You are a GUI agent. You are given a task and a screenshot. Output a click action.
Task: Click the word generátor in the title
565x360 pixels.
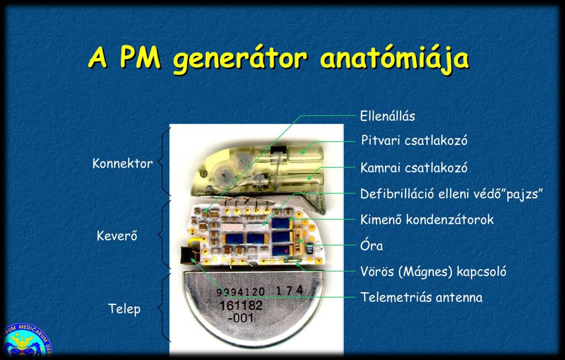[x=240, y=59]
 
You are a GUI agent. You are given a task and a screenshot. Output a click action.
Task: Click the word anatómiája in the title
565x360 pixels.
[x=395, y=59]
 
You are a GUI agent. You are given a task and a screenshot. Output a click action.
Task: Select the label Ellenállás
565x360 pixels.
[x=387, y=116]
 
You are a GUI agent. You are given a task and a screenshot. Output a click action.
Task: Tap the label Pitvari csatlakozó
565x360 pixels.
[x=414, y=140]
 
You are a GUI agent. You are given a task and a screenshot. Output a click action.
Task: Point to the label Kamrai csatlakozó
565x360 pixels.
[x=414, y=168]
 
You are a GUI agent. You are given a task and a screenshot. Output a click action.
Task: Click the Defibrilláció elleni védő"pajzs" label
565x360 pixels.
[x=451, y=194]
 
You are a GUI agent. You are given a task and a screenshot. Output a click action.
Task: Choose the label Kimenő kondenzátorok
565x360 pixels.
[x=427, y=219]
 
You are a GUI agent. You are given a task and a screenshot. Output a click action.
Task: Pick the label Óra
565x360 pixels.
[x=371, y=246]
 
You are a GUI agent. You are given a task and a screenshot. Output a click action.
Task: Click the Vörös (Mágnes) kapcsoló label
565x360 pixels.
[x=434, y=271]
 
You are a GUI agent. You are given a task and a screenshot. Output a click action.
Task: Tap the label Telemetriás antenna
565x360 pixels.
[x=422, y=297]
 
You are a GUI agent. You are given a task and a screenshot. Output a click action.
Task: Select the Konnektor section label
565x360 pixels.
[x=122, y=163]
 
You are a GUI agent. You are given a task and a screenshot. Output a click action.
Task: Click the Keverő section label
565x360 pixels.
[x=117, y=236]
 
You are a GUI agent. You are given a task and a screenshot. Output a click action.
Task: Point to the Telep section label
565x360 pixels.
[x=124, y=309]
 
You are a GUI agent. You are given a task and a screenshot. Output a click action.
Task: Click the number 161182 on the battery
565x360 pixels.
[x=241, y=305]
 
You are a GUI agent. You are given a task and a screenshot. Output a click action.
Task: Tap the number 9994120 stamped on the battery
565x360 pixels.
[x=241, y=292]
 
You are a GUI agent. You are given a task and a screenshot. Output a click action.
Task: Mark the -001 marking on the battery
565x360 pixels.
[x=241, y=318]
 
